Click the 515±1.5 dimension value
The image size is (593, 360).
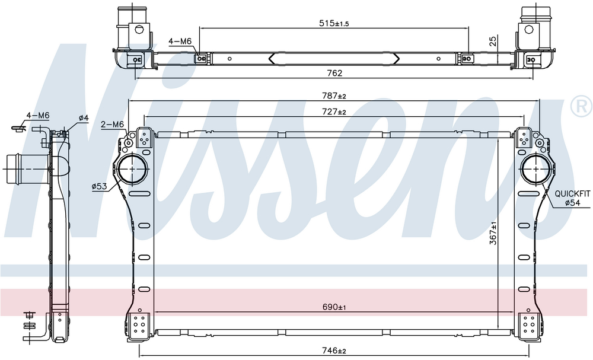coord(334,24)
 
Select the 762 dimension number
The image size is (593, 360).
coord(334,73)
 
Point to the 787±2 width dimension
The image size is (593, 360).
coord(334,96)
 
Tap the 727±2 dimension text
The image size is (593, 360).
coord(334,112)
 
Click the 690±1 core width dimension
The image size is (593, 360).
coord(334,307)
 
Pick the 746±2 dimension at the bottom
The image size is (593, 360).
coord(334,351)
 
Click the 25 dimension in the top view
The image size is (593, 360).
coord(493,41)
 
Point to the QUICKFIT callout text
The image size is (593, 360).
coord(572,194)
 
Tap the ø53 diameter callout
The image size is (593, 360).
coord(99,186)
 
